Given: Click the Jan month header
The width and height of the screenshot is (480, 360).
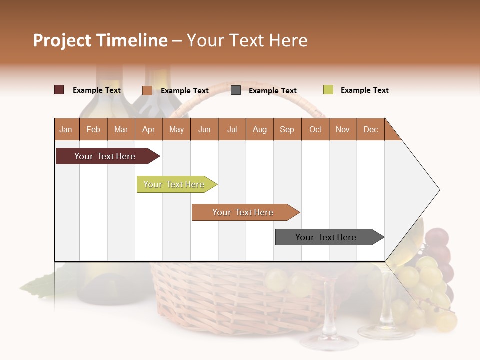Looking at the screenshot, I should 66,129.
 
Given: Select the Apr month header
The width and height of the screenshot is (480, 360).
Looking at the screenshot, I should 149,129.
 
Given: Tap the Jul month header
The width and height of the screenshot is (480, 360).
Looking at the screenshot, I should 232,129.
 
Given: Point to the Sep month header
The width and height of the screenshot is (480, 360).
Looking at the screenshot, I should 287,129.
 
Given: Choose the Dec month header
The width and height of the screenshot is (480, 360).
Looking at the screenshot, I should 371,129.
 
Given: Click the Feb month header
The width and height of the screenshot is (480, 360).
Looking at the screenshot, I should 93,129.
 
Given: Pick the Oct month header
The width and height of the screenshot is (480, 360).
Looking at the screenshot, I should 315,129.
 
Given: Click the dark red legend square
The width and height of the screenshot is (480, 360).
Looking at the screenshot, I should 59,90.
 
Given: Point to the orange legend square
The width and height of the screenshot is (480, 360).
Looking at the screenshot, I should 147,90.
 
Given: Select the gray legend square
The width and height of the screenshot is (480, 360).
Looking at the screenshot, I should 236,90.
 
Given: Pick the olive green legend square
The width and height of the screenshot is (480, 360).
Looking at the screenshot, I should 328,90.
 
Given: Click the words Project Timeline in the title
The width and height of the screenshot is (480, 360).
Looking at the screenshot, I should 100,40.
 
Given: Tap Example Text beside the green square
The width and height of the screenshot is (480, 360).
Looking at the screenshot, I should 364,90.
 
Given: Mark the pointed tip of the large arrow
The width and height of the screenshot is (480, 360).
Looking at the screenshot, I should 439,190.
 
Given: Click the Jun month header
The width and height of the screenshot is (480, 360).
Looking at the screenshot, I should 204,129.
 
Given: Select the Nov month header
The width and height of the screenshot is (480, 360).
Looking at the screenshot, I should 343,129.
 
